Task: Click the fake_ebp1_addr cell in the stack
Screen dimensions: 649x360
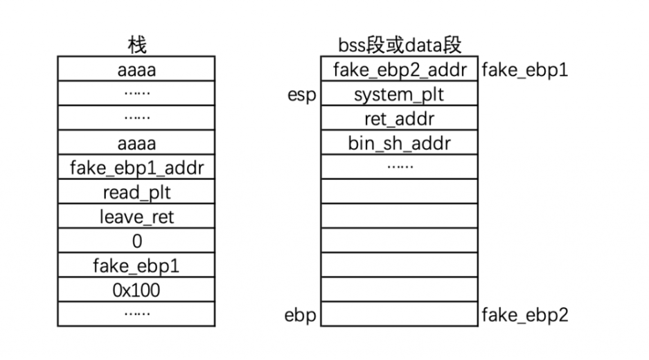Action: pyautogui.click(x=136, y=167)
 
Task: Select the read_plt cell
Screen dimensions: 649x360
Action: pyautogui.click(x=136, y=192)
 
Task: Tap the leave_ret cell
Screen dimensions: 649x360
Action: pyautogui.click(x=136, y=216)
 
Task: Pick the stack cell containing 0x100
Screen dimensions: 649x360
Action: pyautogui.click(x=136, y=289)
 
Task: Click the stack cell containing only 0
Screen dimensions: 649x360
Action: pyautogui.click(x=136, y=240)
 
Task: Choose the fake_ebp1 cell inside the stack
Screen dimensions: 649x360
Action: pyautogui.click(x=136, y=265)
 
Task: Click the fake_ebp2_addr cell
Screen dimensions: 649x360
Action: pyautogui.click(x=400, y=69)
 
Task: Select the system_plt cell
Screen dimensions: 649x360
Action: pyautogui.click(x=400, y=93)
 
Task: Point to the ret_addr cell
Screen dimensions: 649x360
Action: pyautogui.click(x=400, y=118)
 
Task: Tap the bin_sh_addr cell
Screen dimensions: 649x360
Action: pyautogui.click(x=400, y=143)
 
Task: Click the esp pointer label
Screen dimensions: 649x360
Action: pyautogui.click(x=302, y=95)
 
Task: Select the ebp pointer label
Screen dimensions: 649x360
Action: pyautogui.click(x=301, y=315)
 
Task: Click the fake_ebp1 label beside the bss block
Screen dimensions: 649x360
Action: pyautogui.click(x=525, y=70)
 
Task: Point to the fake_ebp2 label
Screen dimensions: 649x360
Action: pyautogui.click(x=525, y=315)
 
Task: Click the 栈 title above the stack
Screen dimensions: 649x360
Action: pyautogui.click(x=137, y=45)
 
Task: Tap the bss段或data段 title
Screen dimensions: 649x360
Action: pyautogui.click(x=400, y=45)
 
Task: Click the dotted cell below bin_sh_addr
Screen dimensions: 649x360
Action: pyautogui.click(x=400, y=167)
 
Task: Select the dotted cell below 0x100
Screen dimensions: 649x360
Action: pyautogui.click(x=136, y=314)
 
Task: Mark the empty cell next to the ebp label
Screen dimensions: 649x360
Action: pyautogui.click(x=400, y=314)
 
